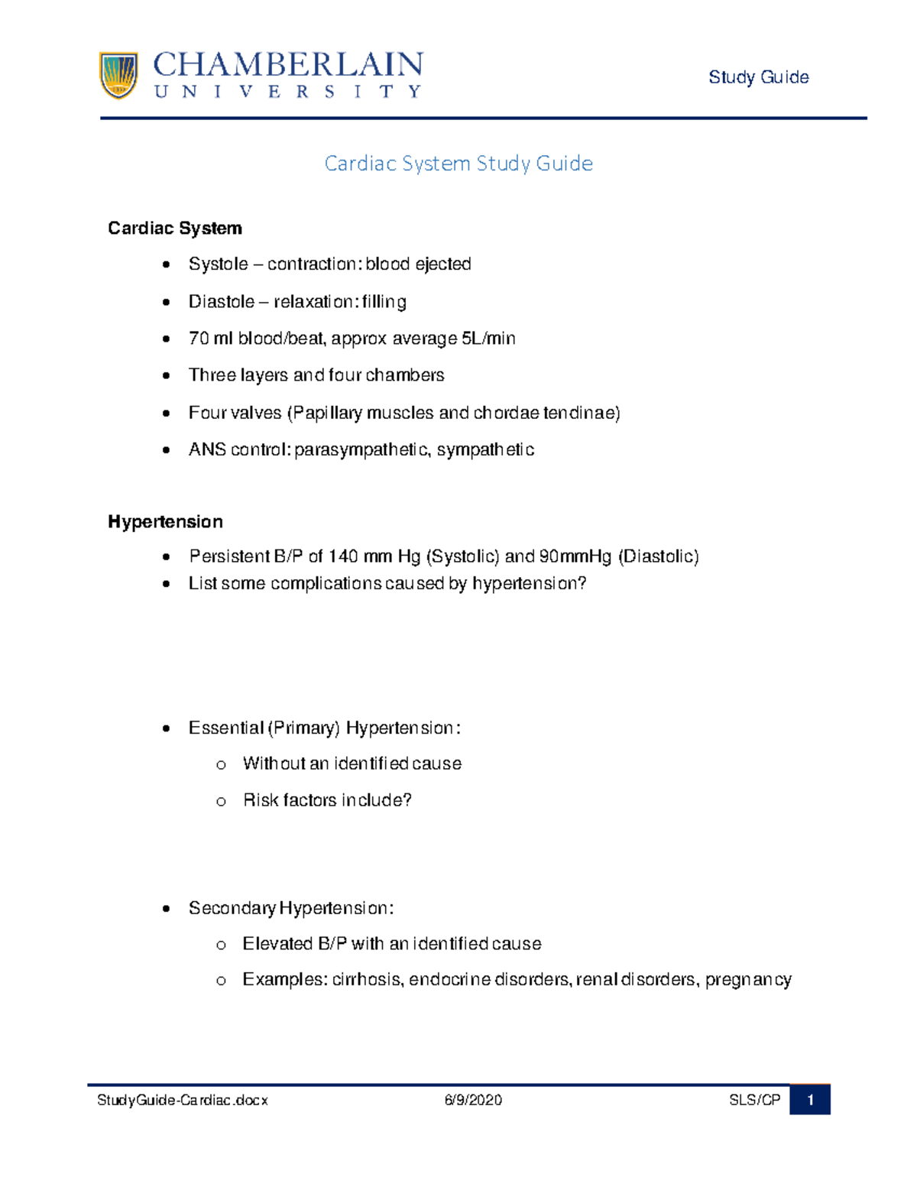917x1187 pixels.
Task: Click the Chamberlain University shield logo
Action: coord(118,75)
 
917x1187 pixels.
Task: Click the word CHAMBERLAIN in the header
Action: coord(287,65)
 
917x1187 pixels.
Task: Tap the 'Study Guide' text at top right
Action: coord(758,77)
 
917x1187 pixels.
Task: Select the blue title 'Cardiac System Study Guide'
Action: coord(458,164)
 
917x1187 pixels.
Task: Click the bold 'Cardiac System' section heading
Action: coord(175,229)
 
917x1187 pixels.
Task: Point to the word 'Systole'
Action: coord(218,264)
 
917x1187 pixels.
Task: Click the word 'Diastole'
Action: coord(221,302)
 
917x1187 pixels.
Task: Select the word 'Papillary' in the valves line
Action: coord(327,414)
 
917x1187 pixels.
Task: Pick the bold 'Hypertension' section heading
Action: coord(165,522)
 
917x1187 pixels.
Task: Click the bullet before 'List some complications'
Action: coord(167,585)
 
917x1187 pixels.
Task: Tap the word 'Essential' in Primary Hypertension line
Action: coord(225,728)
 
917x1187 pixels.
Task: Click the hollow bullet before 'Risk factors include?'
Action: coord(221,802)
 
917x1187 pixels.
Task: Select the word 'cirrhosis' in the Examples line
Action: coord(367,980)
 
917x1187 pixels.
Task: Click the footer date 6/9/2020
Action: coord(473,1101)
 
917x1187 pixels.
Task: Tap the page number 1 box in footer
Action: coord(810,1101)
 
